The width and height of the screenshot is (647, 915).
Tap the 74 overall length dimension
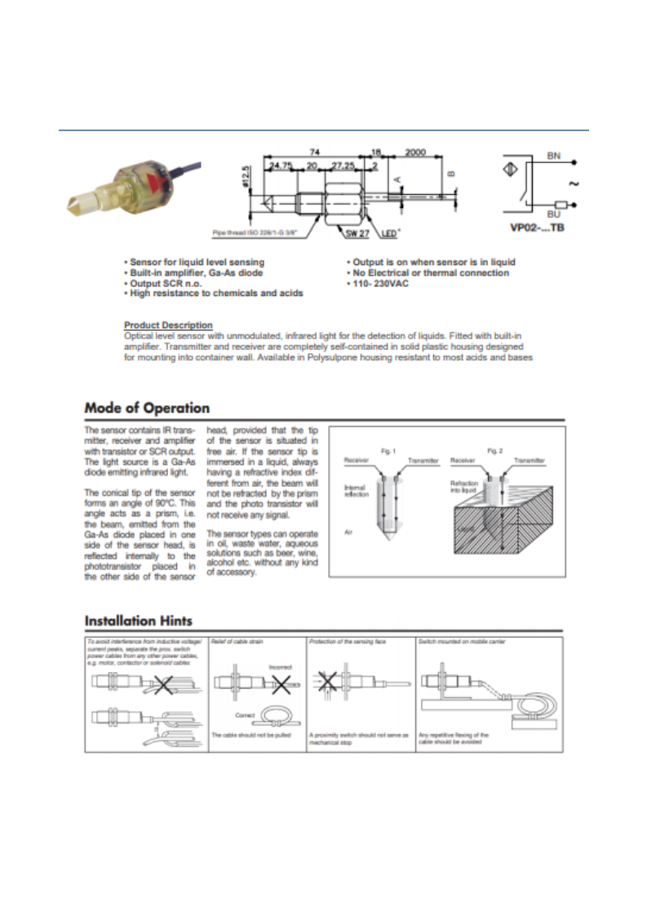click(314, 152)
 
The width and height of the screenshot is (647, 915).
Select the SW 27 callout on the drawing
click(356, 234)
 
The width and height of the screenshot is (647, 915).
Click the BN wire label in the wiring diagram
click(552, 154)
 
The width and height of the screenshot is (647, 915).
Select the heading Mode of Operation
click(147, 408)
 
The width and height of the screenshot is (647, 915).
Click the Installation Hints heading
click(138, 621)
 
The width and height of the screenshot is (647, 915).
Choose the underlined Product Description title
click(168, 325)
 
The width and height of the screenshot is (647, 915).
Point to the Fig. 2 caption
click(493, 450)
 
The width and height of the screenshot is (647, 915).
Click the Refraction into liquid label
click(464, 487)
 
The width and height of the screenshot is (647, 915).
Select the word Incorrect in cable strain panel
click(281, 667)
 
